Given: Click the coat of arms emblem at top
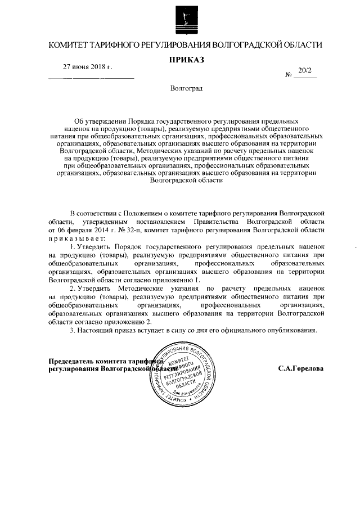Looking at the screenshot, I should (x=186, y=19).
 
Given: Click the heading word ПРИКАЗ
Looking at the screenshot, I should (x=186, y=60).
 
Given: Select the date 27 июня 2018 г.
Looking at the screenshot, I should (x=87, y=67).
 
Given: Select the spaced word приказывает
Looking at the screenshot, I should (x=74, y=238).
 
